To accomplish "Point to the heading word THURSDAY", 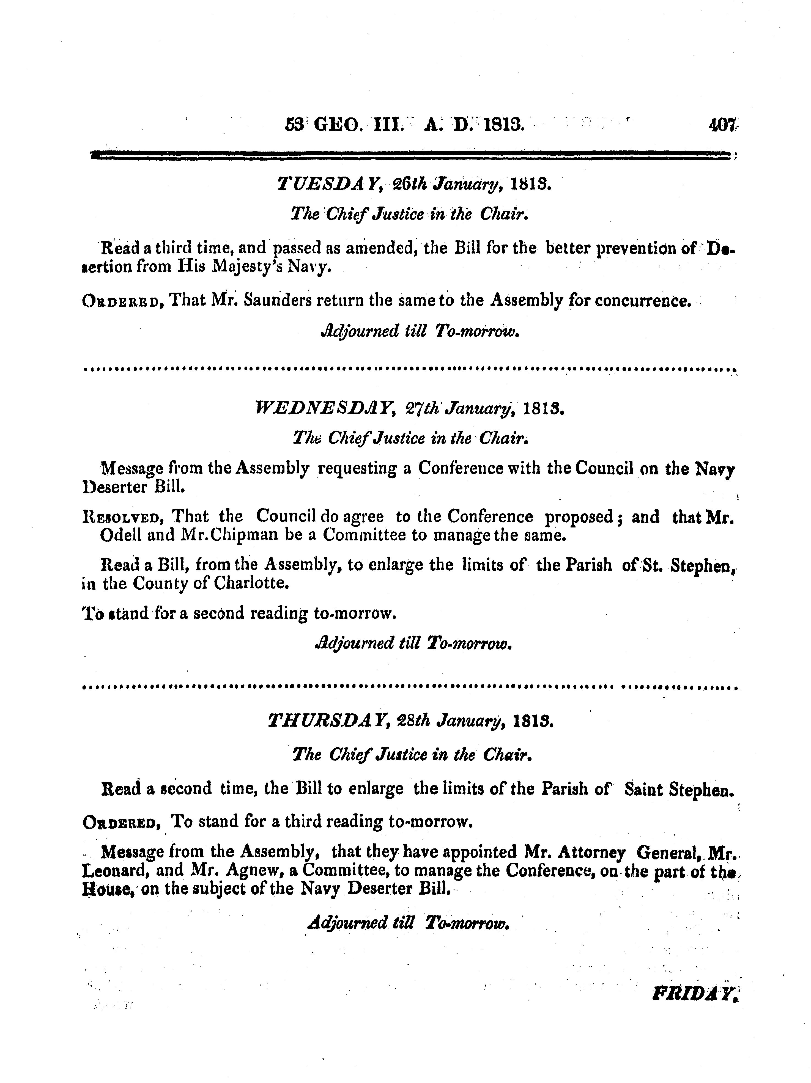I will (329, 721).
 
